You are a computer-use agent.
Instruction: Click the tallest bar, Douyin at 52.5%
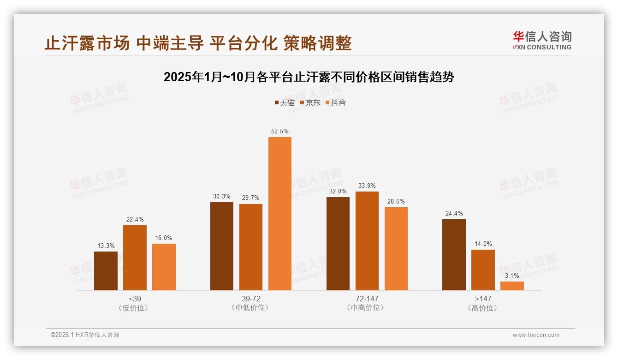(280, 214)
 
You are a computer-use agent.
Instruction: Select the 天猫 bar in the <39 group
(106, 271)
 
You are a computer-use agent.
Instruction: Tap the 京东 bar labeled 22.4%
(135, 258)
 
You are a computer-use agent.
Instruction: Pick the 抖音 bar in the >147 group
(512, 286)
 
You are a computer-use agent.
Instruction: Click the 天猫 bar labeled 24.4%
(454, 255)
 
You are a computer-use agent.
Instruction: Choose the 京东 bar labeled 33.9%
(367, 241)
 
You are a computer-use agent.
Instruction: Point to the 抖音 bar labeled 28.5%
(396, 249)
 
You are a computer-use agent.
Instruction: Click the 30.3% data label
(222, 197)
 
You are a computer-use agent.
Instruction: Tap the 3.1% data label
(512, 276)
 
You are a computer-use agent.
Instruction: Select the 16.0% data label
(164, 238)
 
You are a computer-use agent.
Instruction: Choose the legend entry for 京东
(310, 103)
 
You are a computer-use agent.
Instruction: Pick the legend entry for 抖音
(335, 103)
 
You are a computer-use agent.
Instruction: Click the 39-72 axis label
(251, 299)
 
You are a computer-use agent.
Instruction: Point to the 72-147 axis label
(367, 299)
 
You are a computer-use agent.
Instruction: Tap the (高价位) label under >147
(483, 308)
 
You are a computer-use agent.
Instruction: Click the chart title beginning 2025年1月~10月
(309, 77)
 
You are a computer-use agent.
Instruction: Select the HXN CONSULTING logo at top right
(542, 40)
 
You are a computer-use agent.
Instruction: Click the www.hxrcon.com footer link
(536, 335)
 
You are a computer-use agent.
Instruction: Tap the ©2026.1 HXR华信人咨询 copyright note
(85, 335)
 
